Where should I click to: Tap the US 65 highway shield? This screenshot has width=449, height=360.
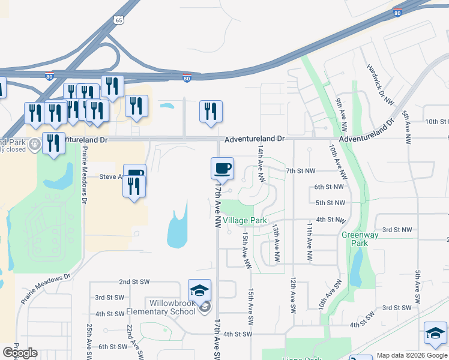coord(119,20)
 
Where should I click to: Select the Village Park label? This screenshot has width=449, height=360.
coord(245,221)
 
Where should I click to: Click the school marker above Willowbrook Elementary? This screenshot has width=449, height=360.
coord(200,290)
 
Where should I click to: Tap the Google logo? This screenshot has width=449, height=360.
coord(20,353)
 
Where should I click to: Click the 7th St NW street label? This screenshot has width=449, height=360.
coord(301,171)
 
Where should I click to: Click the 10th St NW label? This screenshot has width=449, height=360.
coord(436,122)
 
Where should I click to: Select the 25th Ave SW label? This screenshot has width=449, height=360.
coord(89,339)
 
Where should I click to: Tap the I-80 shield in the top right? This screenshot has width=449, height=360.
coord(397,12)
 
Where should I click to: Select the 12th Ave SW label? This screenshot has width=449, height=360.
coord(294,295)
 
